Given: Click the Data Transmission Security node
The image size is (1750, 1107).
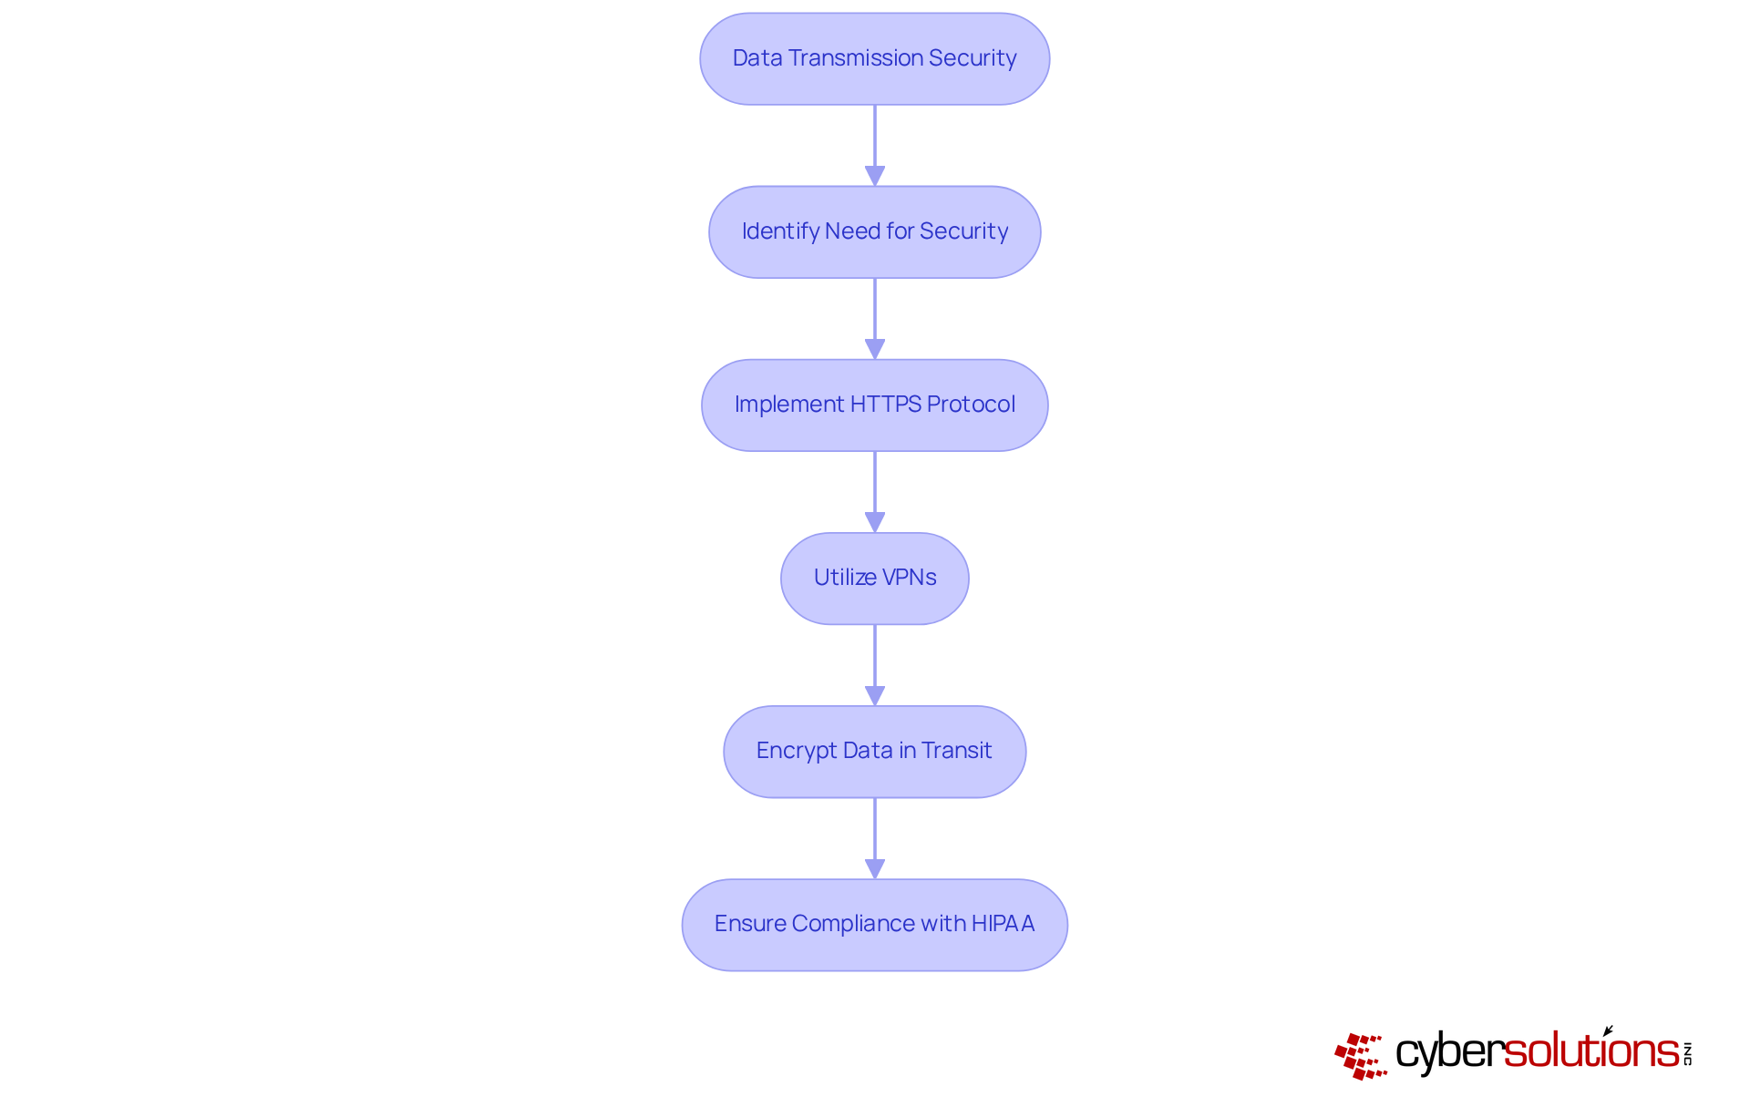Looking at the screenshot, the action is click(874, 58).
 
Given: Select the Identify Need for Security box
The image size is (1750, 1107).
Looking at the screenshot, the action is click(874, 231).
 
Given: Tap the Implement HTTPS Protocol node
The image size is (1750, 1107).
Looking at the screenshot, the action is click(874, 405).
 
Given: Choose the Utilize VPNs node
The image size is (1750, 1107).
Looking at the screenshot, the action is click(874, 578).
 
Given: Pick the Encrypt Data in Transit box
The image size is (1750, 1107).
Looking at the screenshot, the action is click(874, 751).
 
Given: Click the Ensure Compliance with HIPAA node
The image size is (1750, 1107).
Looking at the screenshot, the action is click(874, 924).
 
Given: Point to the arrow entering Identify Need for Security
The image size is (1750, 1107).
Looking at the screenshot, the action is click(875, 146).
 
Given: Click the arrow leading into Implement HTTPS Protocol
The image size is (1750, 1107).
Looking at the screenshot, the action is click(875, 319).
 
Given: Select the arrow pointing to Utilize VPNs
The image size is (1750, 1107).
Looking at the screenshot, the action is click(875, 492).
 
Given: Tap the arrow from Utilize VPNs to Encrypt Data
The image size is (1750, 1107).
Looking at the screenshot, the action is click(875, 665).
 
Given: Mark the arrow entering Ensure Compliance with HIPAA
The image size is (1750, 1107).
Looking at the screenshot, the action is click(875, 838).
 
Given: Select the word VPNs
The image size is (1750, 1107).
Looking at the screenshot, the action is click(909, 578).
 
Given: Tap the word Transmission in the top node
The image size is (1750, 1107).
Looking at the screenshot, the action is click(855, 58).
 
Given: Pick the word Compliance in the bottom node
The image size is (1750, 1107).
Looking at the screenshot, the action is click(853, 924).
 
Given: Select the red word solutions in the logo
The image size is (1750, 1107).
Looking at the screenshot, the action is click(1590, 1051).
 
